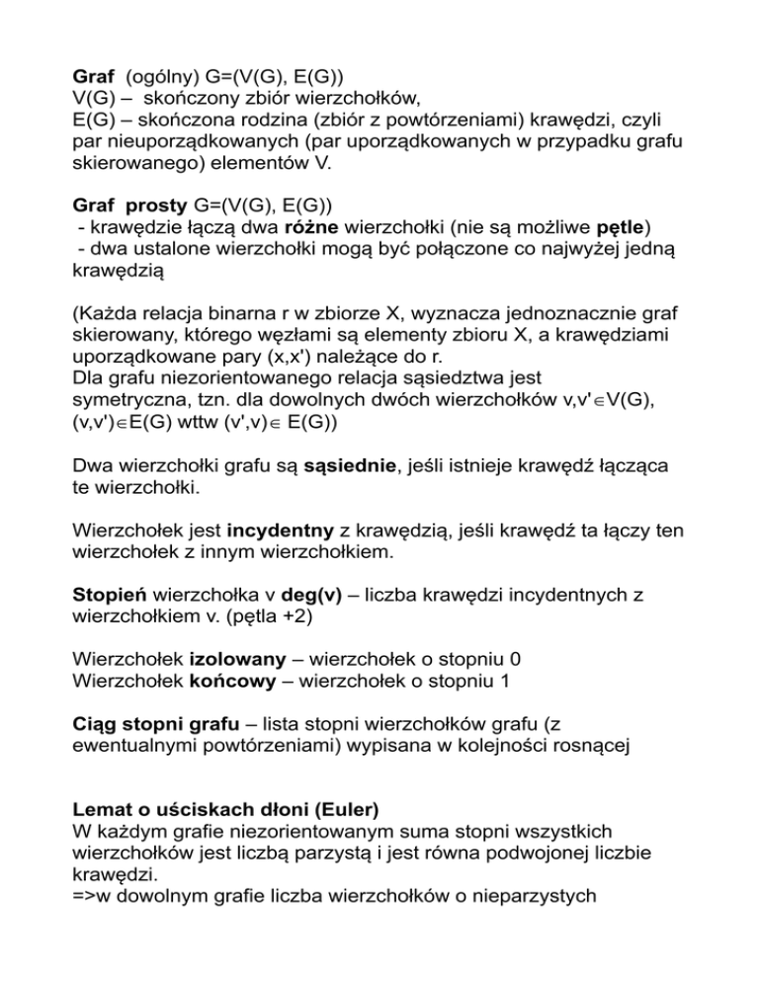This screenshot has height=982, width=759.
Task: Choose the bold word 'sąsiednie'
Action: pos(345,470)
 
